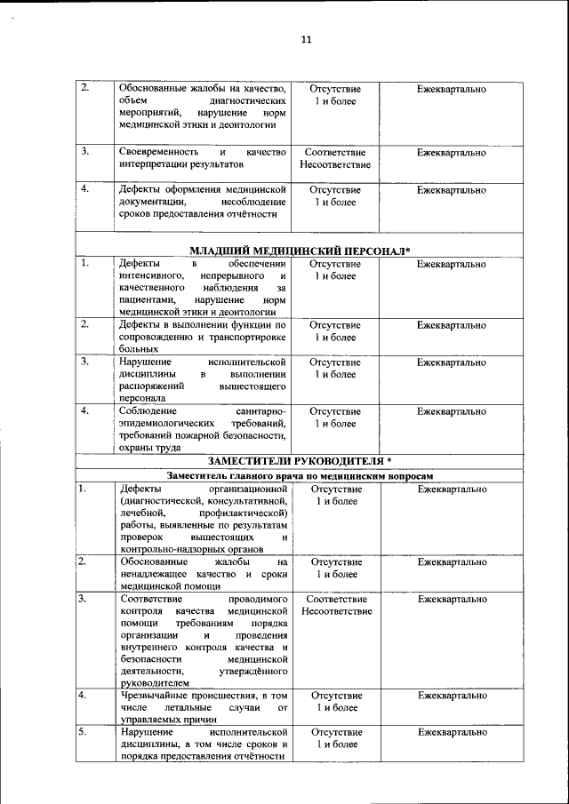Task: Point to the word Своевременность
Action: pos(158,153)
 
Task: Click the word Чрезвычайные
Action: pos(152,695)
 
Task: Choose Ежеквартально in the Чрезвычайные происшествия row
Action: pos(452,695)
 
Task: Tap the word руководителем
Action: pos(154,683)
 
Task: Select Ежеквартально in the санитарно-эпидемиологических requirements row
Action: pos(452,411)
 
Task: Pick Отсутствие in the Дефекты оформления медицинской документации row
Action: pos(335,190)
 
